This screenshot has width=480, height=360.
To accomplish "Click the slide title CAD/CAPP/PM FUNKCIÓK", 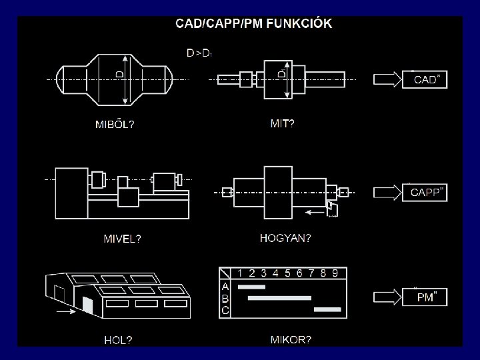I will click(x=253, y=24).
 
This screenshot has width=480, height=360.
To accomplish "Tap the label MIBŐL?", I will click(x=114, y=124).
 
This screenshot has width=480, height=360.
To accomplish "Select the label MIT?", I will click(x=282, y=123).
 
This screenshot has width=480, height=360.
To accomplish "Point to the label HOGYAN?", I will click(x=285, y=237).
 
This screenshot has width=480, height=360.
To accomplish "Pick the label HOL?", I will click(x=117, y=340).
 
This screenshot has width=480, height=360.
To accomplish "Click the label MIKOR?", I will click(x=291, y=339).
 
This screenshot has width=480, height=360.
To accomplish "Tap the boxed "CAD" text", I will click(x=426, y=80).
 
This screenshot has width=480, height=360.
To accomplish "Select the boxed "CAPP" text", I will click(x=427, y=193).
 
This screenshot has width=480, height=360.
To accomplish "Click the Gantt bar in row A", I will click(x=251, y=287).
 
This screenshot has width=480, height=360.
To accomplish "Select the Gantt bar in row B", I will click(x=279, y=298).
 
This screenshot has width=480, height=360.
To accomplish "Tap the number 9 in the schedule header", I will click(x=335, y=273).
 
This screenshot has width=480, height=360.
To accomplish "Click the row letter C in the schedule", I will click(x=225, y=310).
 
